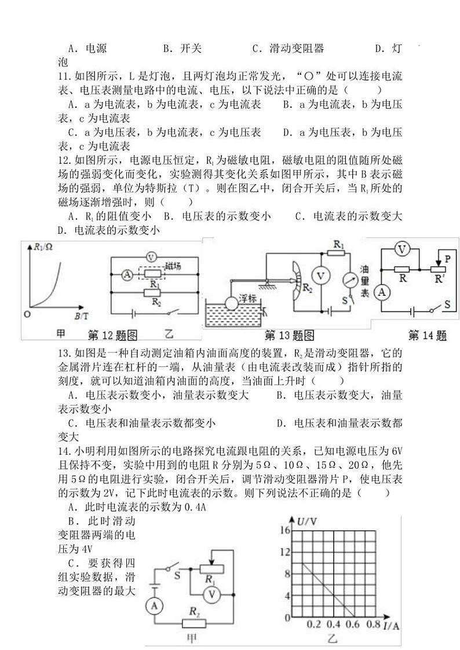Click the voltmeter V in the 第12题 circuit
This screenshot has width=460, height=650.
(x=151, y=257)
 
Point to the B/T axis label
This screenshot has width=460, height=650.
(x=82, y=315)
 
